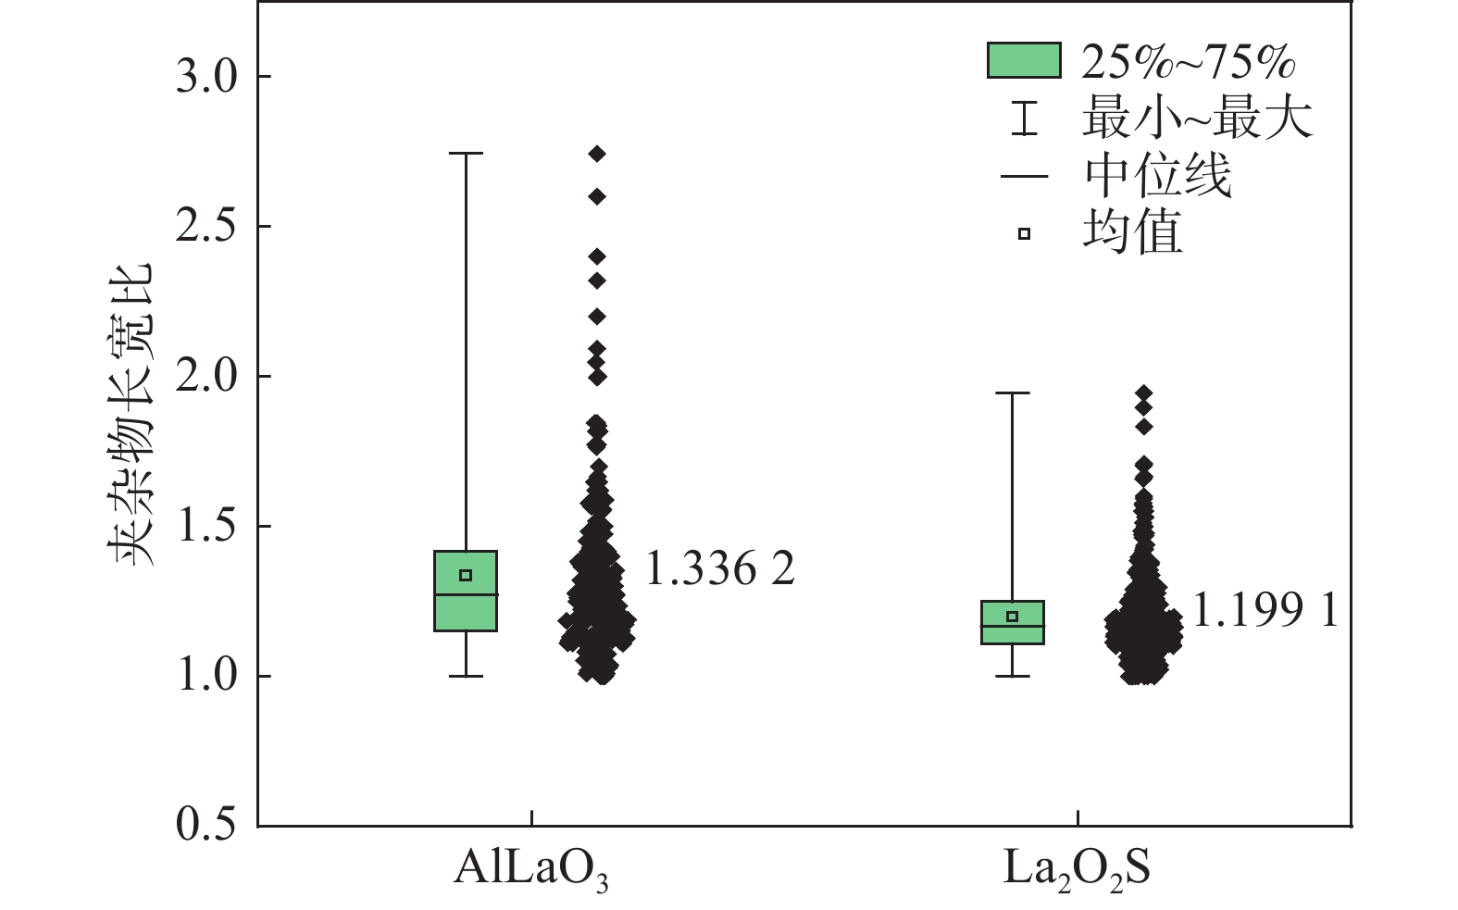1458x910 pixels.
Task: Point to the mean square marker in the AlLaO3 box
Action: [466, 575]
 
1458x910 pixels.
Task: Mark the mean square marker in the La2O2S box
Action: [1013, 617]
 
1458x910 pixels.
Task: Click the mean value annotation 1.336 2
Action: [719, 569]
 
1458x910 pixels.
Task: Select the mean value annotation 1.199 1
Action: [1265, 611]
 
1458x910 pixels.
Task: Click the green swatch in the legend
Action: [1023, 61]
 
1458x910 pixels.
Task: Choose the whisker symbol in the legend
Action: [1023, 119]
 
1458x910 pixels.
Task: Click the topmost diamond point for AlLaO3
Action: [597, 154]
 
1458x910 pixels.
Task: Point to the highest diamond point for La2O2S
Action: [1144, 393]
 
